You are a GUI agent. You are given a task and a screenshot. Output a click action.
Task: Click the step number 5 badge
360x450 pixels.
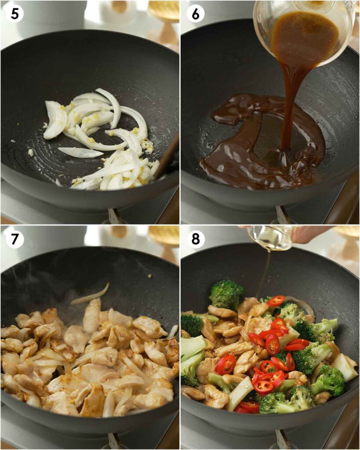[x=15, y=14]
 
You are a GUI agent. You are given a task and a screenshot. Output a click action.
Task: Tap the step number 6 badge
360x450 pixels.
[x=195, y=14]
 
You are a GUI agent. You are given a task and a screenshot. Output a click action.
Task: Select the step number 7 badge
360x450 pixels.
[x=15, y=239]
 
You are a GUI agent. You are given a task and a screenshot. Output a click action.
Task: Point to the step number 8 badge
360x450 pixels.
[x=195, y=239]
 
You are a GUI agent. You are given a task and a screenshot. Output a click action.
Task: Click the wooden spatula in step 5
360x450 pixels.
[x=167, y=158]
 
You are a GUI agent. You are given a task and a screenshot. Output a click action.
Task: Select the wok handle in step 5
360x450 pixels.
[x=115, y=215]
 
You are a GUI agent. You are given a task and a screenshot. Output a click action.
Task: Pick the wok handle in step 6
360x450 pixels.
[x=282, y=215]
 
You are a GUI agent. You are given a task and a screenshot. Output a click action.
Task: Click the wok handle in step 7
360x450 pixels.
[x=115, y=441]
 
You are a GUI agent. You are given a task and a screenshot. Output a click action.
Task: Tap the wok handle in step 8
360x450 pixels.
[x=282, y=441]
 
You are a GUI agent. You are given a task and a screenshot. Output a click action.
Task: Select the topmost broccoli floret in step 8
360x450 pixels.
[x=226, y=294]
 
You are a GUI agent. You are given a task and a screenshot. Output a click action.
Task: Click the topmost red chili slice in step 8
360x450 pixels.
[x=276, y=301]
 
